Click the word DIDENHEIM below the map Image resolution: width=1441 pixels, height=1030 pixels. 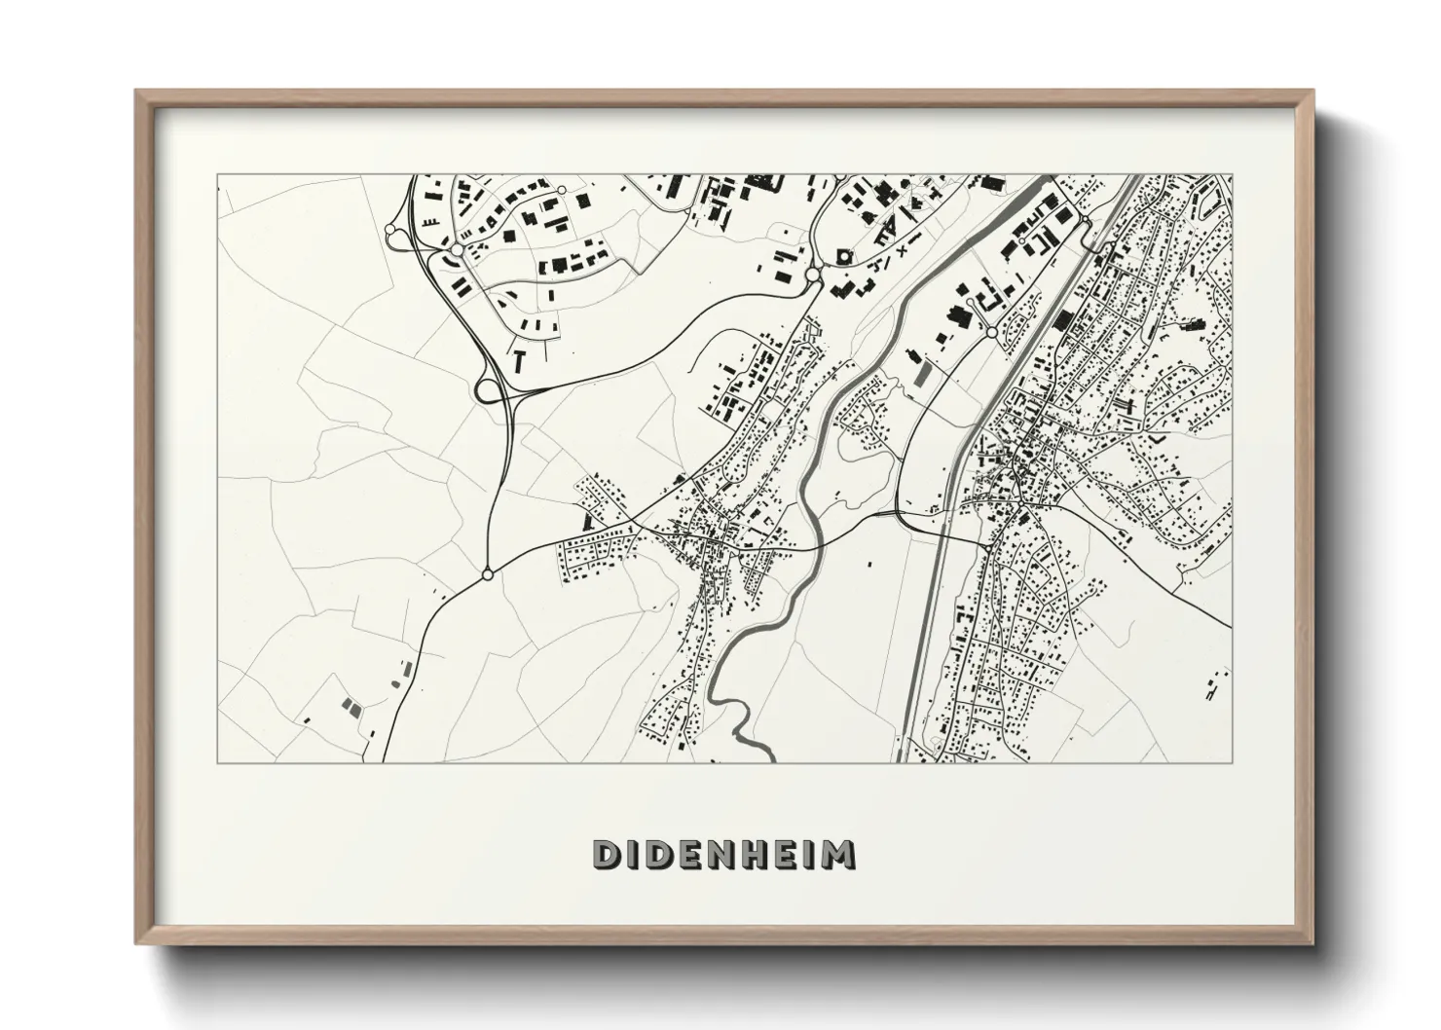coord(724,854)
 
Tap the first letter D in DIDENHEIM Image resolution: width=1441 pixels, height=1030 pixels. coord(605,854)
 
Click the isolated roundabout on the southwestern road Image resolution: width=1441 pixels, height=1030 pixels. coord(487,574)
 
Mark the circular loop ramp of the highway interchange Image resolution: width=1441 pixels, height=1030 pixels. coord(486,390)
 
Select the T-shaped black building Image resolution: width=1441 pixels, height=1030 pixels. coord(520,357)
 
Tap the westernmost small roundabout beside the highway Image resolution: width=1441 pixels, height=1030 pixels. coord(391,231)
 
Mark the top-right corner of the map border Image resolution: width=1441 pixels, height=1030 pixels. coord(1232,175)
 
